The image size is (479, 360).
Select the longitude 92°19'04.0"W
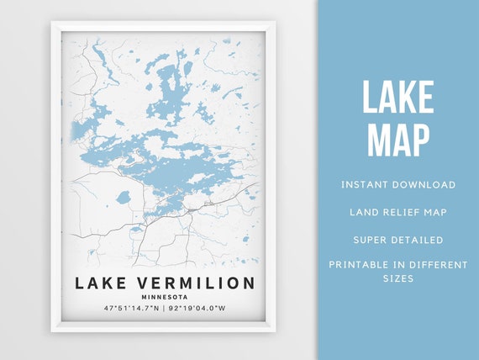point(197,309)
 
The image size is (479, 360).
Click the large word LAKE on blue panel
point(398,98)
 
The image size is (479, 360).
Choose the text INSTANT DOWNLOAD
point(398,184)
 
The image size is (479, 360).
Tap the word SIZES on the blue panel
point(398,278)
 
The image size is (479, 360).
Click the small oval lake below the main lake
point(124,198)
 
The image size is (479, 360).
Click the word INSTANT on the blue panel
point(365,184)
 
